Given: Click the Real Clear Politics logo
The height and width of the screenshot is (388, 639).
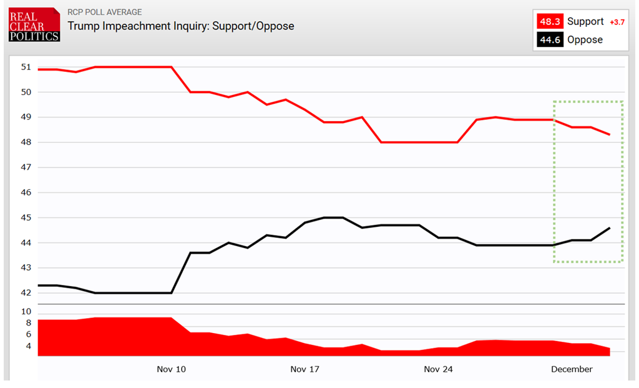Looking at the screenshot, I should (x=34, y=25).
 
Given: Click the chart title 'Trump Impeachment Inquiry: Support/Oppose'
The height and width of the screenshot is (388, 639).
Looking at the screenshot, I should (x=180, y=26).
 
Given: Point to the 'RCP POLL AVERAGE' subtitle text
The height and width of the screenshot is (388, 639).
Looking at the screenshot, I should (x=104, y=12).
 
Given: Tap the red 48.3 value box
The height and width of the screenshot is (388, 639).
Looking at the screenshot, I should (x=550, y=22).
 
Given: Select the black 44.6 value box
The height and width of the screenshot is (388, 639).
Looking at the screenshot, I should (x=550, y=40).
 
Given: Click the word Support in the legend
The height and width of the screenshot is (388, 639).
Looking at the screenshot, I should (x=585, y=22).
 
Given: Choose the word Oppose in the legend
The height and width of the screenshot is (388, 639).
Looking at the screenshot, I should (x=585, y=40).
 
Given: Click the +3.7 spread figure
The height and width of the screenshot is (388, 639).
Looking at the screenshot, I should (x=616, y=22).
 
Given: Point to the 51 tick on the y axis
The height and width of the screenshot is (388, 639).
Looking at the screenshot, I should (x=26, y=67).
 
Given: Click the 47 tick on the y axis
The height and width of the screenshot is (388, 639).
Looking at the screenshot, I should (x=26, y=167).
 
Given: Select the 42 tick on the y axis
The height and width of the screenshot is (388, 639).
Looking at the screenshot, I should (x=26, y=293).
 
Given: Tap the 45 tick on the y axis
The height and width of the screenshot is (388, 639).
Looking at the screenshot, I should (x=26, y=217).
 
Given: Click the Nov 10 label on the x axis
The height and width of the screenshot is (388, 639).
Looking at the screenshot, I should (x=171, y=369).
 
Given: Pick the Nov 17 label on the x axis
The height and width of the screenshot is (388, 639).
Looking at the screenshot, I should (x=305, y=369).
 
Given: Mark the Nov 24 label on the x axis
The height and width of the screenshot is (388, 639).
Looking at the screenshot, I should (x=438, y=369).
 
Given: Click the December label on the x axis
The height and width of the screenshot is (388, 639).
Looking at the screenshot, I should (x=572, y=369).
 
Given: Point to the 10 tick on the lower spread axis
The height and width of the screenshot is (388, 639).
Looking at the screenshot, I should (x=26, y=311).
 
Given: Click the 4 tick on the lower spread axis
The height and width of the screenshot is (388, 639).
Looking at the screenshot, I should (x=27, y=346).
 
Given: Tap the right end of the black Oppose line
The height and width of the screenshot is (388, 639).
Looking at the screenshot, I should (x=609, y=228).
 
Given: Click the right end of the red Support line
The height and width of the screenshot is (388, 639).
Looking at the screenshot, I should (x=609, y=134).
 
